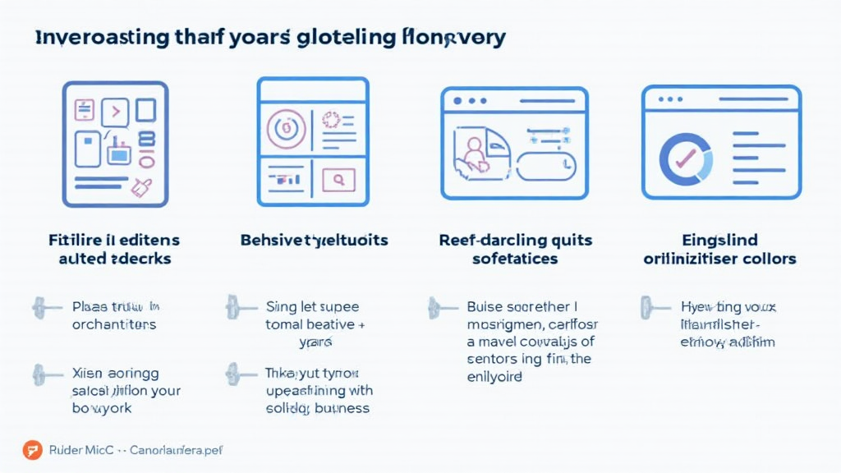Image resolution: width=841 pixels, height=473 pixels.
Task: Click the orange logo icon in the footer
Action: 32,450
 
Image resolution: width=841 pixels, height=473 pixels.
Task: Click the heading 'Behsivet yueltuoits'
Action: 314,241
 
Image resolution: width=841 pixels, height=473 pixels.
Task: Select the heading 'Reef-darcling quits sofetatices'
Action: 515,250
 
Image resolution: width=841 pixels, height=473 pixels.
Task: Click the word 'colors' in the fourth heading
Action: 770,259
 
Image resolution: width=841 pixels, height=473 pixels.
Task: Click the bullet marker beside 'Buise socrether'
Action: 438,308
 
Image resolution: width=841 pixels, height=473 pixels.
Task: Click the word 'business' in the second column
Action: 340,408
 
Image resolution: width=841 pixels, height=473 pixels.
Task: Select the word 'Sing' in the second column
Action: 280,307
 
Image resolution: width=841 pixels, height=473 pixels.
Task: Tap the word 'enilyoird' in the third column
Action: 495,377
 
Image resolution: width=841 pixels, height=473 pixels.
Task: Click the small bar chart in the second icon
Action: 287,177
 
